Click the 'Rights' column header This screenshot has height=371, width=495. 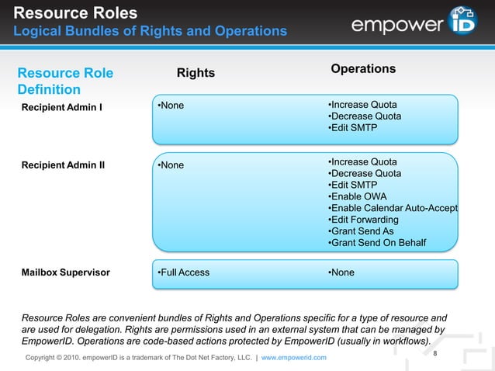pyautogui.click(x=196, y=73)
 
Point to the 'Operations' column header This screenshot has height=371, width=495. pyautogui.click(x=363, y=69)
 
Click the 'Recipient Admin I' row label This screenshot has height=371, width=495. pyautogui.click(x=61, y=106)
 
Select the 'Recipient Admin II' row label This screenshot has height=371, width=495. pyautogui.click(x=64, y=165)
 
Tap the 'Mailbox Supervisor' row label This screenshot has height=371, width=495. pyautogui.click(x=65, y=272)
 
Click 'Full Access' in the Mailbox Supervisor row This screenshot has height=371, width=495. pyautogui.click(x=183, y=272)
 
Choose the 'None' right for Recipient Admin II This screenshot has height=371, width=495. pyautogui.click(x=171, y=165)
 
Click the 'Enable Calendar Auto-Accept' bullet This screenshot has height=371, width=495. pyautogui.click(x=393, y=209)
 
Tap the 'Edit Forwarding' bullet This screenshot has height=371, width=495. pyautogui.click(x=365, y=220)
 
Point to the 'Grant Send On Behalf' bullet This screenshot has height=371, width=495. pyautogui.click(x=377, y=244)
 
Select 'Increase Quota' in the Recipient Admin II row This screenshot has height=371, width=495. pyautogui.click(x=362, y=161)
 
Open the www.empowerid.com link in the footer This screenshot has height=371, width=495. pyautogui.click(x=294, y=357)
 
